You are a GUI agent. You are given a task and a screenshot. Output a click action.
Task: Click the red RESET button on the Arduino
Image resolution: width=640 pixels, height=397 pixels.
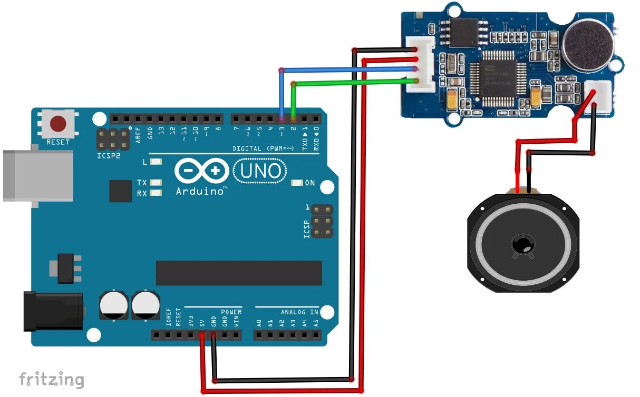[x=58, y=124]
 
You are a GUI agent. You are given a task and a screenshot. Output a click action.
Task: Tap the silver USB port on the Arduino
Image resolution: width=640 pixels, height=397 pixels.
[x=37, y=175]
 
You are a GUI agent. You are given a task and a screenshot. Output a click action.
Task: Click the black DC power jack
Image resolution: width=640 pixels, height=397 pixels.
[x=53, y=311]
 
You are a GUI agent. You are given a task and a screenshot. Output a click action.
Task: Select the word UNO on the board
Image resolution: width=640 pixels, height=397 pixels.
[x=260, y=171]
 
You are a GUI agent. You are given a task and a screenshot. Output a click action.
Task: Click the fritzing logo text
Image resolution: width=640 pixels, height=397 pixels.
[x=51, y=379]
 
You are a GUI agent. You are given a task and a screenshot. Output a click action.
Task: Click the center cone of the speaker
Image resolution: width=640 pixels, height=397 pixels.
[x=522, y=245]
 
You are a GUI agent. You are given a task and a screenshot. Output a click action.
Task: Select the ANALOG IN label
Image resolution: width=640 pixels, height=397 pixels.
[x=299, y=312]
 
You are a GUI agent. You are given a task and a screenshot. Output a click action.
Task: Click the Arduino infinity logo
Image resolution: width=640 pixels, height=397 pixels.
[x=202, y=171]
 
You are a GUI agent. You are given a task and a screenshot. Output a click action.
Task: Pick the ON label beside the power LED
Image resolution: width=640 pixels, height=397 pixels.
[x=310, y=183]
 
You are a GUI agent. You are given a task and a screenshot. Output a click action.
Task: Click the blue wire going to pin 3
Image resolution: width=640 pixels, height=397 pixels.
[x=343, y=70]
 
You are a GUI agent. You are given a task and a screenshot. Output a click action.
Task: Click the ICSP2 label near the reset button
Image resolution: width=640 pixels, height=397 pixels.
[x=108, y=156]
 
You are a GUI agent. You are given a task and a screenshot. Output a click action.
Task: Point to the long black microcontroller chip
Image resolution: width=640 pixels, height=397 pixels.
[x=238, y=273]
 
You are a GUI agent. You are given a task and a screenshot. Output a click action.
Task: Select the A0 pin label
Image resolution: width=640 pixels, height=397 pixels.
[x=259, y=322]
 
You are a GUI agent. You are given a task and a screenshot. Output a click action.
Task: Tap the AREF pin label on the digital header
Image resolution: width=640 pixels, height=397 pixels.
[x=139, y=135]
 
